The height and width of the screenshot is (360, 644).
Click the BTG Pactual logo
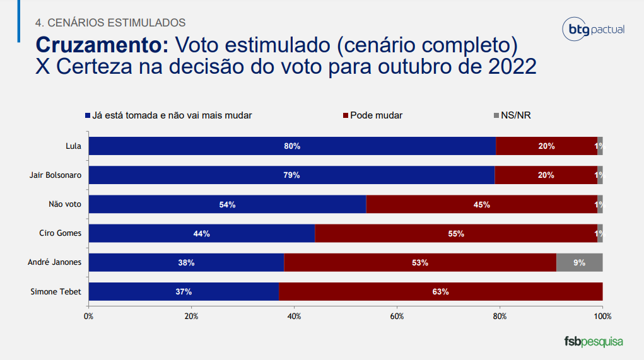point(592,29)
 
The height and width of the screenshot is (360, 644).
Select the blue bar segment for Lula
point(292,146)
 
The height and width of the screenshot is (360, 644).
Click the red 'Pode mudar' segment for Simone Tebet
point(440,292)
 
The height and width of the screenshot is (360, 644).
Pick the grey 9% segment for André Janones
point(579,262)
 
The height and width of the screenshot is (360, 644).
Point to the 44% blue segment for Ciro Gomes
point(202,233)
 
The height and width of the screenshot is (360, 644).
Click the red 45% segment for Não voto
point(481,204)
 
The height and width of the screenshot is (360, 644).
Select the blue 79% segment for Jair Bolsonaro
point(291,175)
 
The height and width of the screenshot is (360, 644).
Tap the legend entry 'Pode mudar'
point(372,115)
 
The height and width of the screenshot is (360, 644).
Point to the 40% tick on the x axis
point(294,315)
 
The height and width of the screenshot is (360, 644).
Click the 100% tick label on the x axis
point(602,315)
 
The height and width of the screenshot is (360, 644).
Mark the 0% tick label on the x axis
point(88,315)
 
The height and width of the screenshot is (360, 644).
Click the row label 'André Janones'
point(55,262)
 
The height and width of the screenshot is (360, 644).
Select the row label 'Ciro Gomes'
point(60,233)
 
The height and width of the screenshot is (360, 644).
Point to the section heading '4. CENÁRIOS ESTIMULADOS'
point(110,23)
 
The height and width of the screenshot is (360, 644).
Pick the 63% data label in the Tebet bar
point(440,292)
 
